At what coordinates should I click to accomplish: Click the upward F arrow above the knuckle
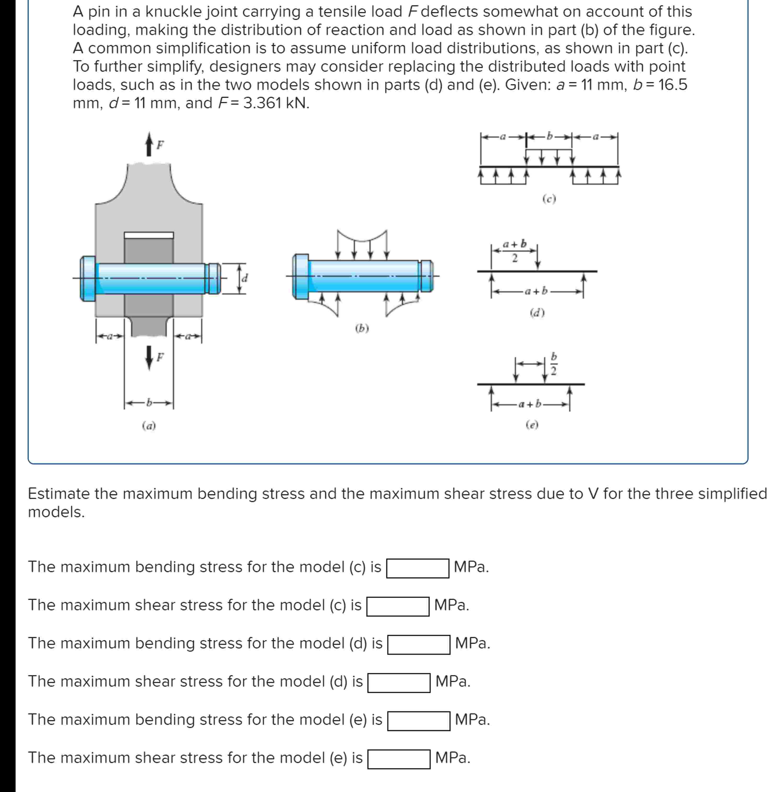click(149, 144)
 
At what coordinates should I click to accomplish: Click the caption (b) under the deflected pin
click(362, 328)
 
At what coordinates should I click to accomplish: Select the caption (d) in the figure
click(537, 313)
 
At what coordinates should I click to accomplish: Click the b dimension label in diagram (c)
click(549, 136)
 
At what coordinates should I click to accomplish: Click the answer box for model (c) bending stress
click(417, 568)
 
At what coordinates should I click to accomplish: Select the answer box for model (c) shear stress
click(398, 606)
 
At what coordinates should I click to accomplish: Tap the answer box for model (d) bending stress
click(419, 645)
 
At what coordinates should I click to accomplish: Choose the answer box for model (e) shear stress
click(399, 759)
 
